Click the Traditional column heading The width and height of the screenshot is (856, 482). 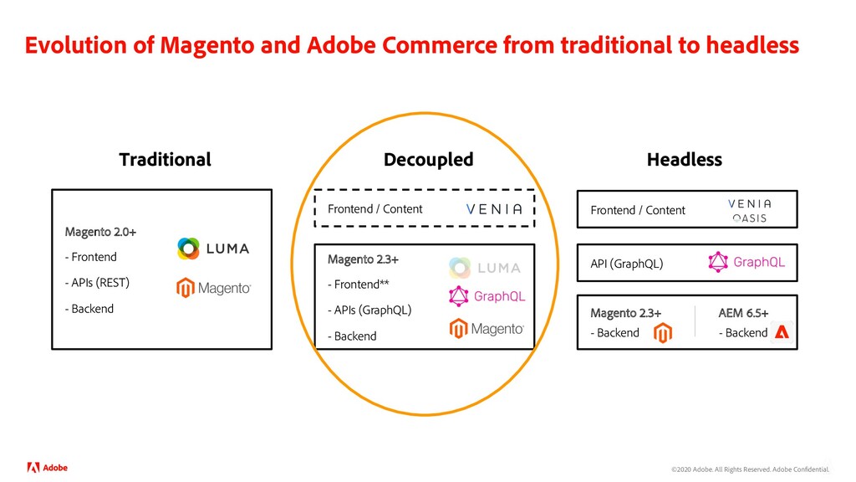pyautogui.click(x=165, y=159)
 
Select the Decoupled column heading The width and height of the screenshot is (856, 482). pyautogui.click(x=428, y=159)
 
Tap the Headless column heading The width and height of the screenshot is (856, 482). pyautogui.click(x=684, y=159)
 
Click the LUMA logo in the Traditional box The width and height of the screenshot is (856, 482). pyautogui.click(x=212, y=249)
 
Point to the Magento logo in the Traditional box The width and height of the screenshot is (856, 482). pyautogui.click(x=213, y=288)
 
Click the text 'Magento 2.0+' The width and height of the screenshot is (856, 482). pyautogui.click(x=100, y=231)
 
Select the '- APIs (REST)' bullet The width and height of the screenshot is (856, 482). pyautogui.click(x=97, y=283)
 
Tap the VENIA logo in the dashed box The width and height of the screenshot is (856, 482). pyautogui.click(x=493, y=209)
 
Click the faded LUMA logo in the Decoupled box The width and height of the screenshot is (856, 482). pyautogui.click(x=484, y=268)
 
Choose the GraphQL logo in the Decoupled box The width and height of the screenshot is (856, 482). pyautogui.click(x=487, y=296)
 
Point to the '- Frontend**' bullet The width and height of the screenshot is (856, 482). pyautogui.click(x=359, y=285)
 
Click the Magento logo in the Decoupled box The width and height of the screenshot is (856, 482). pyautogui.click(x=487, y=329)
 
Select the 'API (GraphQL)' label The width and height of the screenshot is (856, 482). pyautogui.click(x=627, y=264)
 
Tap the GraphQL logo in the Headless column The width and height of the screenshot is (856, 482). pyautogui.click(x=746, y=263)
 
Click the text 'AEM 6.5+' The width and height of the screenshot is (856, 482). pyautogui.click(x=743, y=313)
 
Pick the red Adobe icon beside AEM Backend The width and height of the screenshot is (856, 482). pyautogui.click(x=782, y=332)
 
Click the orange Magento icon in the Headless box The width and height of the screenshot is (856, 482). pyautogui.click(x=663, y=333)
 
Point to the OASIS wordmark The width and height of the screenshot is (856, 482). pyautogui.click(x=750, y=218)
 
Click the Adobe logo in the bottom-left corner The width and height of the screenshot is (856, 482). pyautogui.click(x=48, y=468)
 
